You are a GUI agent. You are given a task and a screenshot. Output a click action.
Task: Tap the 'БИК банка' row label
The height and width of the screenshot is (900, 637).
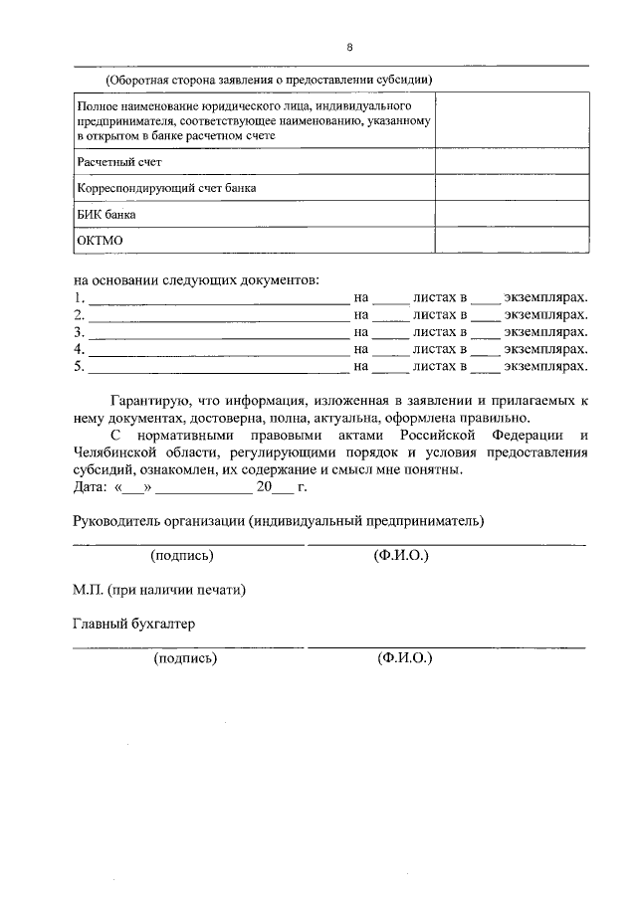pos(106,214)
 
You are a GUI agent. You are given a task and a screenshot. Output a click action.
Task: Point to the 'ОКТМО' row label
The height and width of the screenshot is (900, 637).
pos(101,241)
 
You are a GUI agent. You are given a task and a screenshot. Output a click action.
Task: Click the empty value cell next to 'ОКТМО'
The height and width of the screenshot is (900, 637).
pos(510,241)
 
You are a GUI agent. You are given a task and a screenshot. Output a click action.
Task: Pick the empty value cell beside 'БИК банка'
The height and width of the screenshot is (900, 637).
pos(510,214)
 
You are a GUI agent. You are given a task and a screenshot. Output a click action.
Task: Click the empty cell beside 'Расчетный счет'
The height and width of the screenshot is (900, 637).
pos(510,161)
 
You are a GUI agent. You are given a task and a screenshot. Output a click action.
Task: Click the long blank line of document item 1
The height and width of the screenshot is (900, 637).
pos(218,298)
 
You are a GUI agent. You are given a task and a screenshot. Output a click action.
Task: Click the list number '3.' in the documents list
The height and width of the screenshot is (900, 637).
pos(80,332)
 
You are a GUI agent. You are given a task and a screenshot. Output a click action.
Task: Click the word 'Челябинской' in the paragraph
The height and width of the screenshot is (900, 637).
pos(118,452)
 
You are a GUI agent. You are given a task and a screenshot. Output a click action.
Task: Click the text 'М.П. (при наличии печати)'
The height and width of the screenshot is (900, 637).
pos(159,589)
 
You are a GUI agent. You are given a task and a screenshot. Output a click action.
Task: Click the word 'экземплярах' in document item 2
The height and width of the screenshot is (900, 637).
pos(546,315)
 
